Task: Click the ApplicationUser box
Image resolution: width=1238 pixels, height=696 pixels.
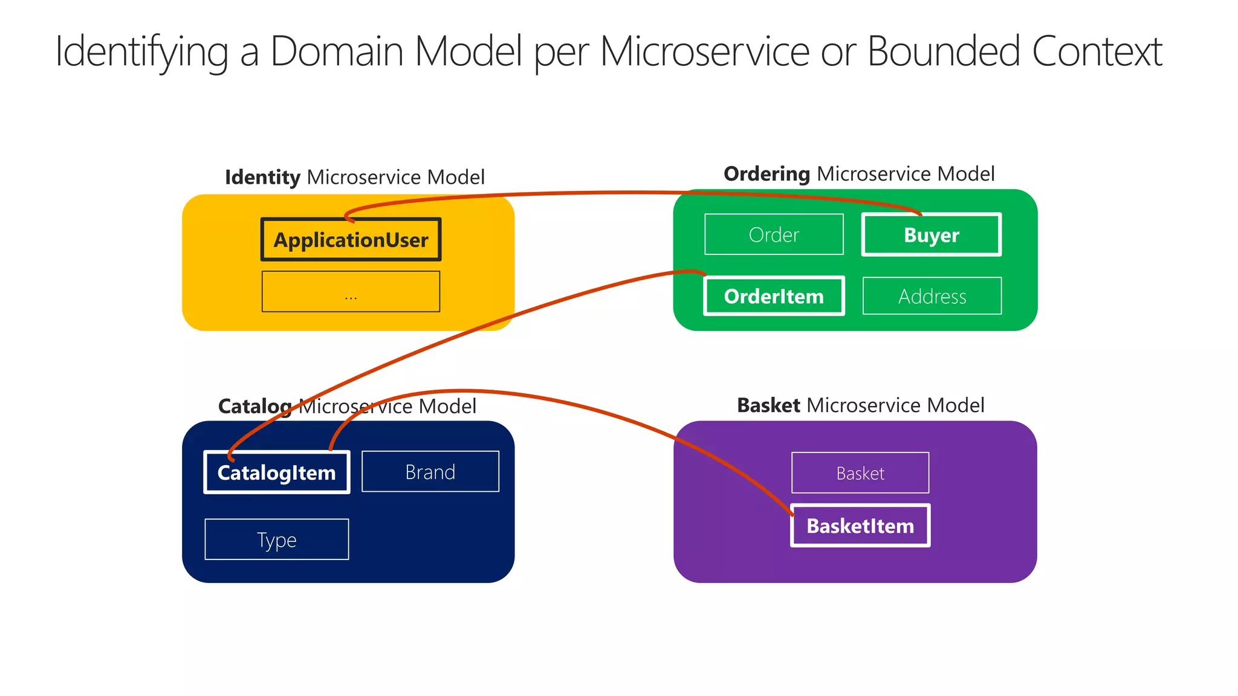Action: (351, 240)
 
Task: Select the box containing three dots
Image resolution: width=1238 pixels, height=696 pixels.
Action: (351, 292)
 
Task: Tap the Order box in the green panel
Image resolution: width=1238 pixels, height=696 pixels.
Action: (774, 234)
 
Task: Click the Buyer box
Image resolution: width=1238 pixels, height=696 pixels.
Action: (931, 234)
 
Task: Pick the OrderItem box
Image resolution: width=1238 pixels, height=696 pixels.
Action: (774, 296)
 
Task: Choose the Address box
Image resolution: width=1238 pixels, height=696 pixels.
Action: (932, 296)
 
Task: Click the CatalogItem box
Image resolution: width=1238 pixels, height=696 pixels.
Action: (276, 472)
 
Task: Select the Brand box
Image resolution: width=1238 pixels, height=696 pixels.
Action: (430, 472)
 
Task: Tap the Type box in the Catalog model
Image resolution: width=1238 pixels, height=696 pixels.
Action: (276, 540)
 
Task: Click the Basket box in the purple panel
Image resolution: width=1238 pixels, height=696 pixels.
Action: (860, 473)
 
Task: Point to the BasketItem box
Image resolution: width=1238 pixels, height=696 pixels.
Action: (860, 526)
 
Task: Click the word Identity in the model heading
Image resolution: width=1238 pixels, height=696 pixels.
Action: (262, 177)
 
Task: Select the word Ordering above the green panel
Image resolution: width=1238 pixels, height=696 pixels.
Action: (766, 174)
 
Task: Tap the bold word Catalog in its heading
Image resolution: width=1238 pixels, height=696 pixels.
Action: (254, 406)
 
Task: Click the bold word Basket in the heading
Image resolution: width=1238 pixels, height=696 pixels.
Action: (768, 405)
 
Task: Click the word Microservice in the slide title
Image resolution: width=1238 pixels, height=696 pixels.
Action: (704, 51)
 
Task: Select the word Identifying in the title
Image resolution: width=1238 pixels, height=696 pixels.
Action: (141, 51)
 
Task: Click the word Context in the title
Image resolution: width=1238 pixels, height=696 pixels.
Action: (1097, 51)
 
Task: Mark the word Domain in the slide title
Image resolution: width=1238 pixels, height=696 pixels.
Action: (336, 51)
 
